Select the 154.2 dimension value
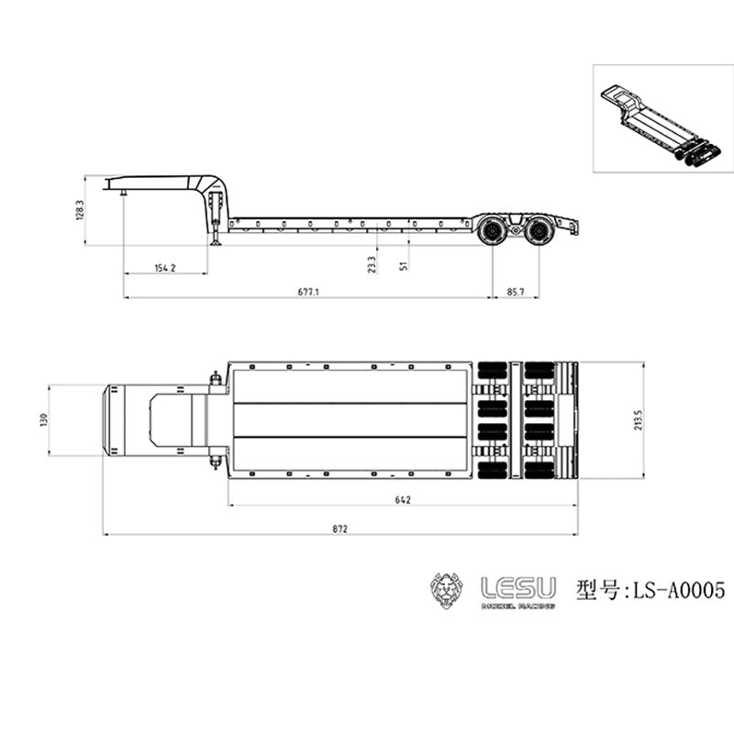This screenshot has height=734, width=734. click(x=165, y=267)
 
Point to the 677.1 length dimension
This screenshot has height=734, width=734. click(x=308, y=291)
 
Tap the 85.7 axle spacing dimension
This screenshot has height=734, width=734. click(x=516, y=291)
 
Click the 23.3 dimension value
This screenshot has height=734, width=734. click(x=372, y=264)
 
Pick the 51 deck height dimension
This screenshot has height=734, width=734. click(x=405, y=265)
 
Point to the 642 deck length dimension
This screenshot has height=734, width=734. click(x=403, y=500)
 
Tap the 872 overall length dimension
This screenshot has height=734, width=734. click(x=339, y=529)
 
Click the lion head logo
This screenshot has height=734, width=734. click(x=449, y=591)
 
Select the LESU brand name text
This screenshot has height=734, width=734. click(x=519, y=585)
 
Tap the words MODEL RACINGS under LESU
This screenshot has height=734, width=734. click(x=519, y=606)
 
